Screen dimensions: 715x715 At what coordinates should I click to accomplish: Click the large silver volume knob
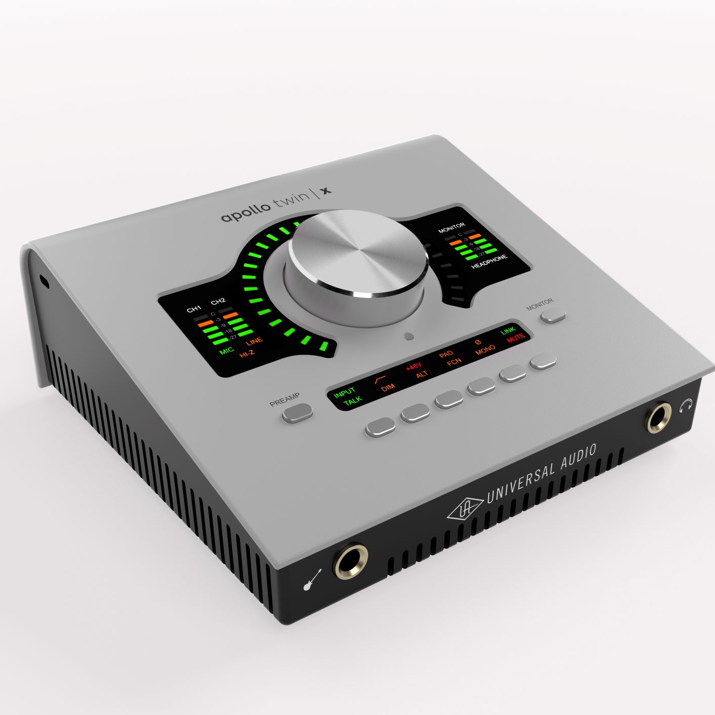click(357, 254)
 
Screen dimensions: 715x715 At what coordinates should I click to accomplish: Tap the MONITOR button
click(553, 316)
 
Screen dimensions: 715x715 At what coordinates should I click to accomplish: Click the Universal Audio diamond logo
click(465, 510)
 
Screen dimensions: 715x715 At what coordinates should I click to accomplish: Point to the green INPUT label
click(344, 392)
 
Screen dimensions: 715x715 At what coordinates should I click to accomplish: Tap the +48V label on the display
click(413, 366)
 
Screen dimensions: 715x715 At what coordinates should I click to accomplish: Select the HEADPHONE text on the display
click(489, 261)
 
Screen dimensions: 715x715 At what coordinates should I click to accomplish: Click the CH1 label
click(194, 309)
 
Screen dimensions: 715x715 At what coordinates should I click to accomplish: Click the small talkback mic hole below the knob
click(408, 336)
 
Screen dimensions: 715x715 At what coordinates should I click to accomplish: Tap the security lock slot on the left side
click(45, 281)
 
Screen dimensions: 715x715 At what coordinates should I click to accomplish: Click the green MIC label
click(226, 350)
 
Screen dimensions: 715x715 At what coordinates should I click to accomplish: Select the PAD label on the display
click(446, 354)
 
